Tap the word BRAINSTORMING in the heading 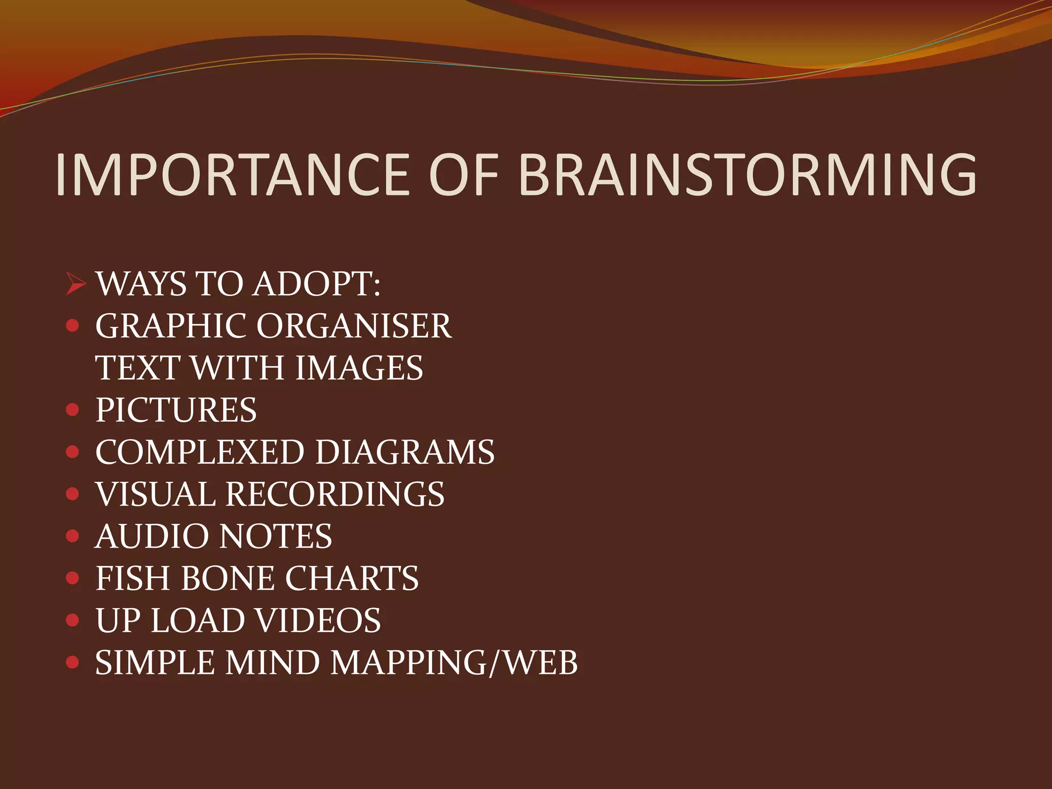click(x=747, y=175)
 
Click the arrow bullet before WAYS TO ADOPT click(x=76, y=284)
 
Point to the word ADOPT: click(x=317, y=284)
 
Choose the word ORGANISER click(x=354, y=326)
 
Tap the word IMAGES click(x=359, y=368)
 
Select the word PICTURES click(x=176, y=410)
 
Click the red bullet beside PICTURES click(x=73, y=410)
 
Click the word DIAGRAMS click(x=405, y=453)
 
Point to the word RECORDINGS click(x=335, y=495)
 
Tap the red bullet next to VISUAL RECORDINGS click(x=73, y=494)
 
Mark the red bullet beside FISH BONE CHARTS click(x=73, y=578)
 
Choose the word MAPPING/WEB click(x=454, y=663)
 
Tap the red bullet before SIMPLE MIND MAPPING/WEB click(x=73, y=663)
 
